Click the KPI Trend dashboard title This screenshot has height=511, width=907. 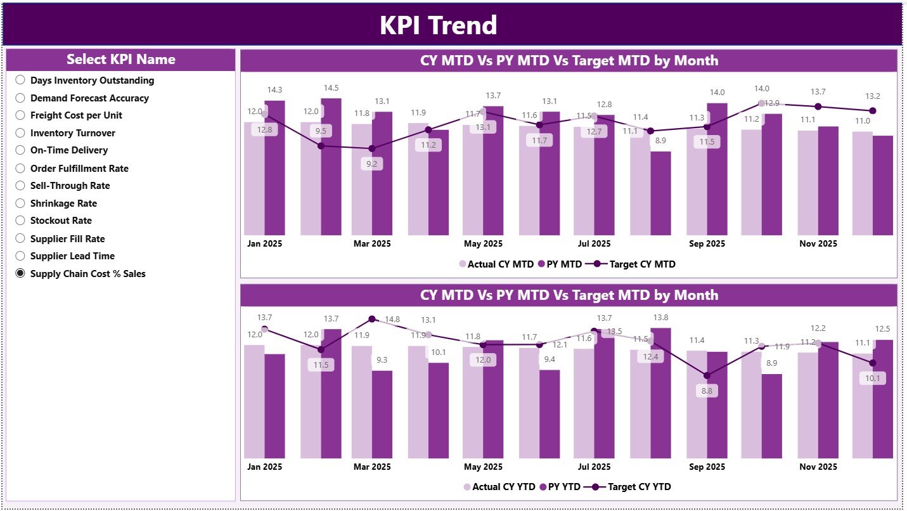[x=438, y=25]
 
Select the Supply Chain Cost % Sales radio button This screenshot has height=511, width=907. [x=20, y=273]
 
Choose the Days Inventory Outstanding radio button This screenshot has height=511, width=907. [x=20, y=80]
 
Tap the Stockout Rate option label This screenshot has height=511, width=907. [x=61, y=221]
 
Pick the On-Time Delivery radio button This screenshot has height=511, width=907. [x=20, y=150]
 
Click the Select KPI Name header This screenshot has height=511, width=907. [x=121, y=60]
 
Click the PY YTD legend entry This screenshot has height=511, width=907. [x=560, y=487]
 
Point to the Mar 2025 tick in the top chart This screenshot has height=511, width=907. [x=372, y=243]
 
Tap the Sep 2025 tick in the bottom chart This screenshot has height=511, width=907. [x=707, y=467]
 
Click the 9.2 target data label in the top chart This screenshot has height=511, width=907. [x=372, y=164]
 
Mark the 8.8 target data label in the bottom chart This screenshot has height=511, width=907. [x=707, y=391]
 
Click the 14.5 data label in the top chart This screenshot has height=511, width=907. [x=331, y=88]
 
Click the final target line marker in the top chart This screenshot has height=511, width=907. [x=873, y=111]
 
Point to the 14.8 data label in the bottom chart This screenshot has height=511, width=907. [x=392, y=319]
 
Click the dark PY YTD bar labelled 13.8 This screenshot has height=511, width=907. [x=660, y=393]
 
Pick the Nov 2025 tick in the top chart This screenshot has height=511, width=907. [x=818, y=243]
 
